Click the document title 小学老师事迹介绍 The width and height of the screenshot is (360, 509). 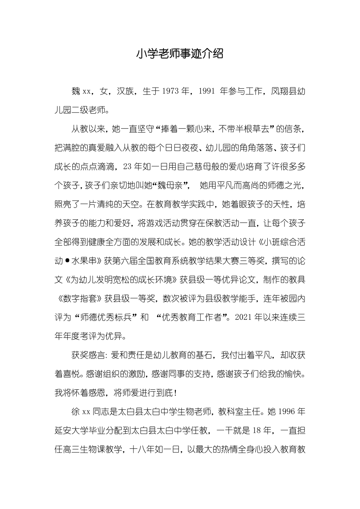point(180,54)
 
